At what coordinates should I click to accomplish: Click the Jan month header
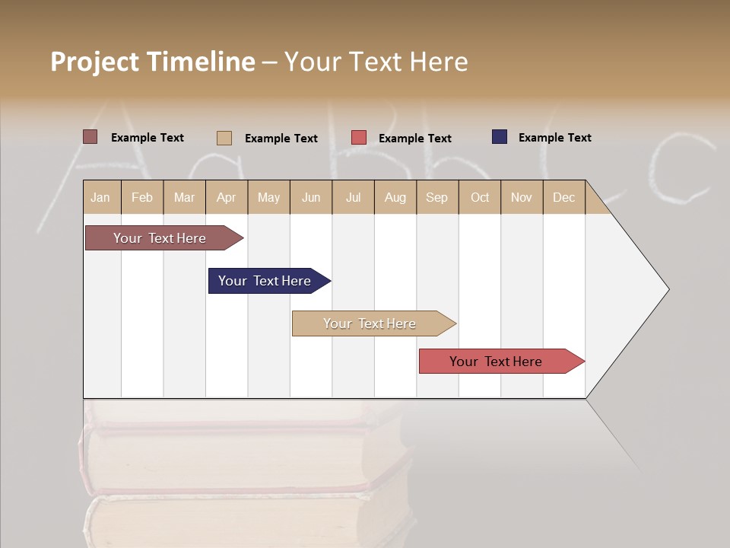101,197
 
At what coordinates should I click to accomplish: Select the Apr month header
227,197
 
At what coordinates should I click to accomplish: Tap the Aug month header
395,197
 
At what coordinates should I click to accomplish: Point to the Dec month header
564,197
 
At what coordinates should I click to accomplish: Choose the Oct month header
480,197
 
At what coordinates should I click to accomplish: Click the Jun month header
311,197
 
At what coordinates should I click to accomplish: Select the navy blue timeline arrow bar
266,281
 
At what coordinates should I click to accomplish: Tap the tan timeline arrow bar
370,323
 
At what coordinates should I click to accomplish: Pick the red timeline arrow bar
497,362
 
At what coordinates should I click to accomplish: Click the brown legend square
90,137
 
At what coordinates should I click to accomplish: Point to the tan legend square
224,138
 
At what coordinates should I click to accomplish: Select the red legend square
359,138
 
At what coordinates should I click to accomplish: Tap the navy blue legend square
500,137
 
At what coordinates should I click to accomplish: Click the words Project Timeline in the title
152,62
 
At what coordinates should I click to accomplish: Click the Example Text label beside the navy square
554,138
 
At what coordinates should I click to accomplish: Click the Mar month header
185,197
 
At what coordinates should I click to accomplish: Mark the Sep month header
437,197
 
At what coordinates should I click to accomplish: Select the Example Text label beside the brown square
147,138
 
